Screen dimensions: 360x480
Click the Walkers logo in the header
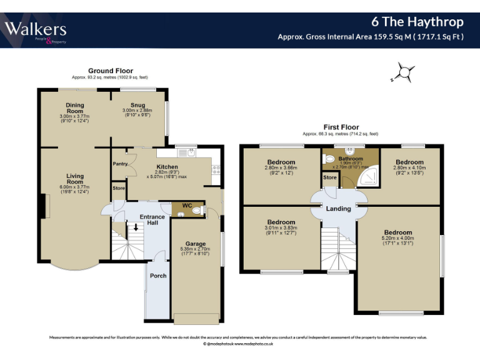pos(36,30)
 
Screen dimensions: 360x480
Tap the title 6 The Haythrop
pos(417,22)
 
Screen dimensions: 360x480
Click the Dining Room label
pos(75,108)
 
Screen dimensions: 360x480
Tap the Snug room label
pos(137,105)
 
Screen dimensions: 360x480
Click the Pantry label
pos(120,164)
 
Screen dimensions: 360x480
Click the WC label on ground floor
pos(186,205)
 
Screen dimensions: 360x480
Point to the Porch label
pos(158,275)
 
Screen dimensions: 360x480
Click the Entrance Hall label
pos(152,220)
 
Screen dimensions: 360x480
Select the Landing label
pos(338,209)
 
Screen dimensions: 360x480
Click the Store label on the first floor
pos(329,177)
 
